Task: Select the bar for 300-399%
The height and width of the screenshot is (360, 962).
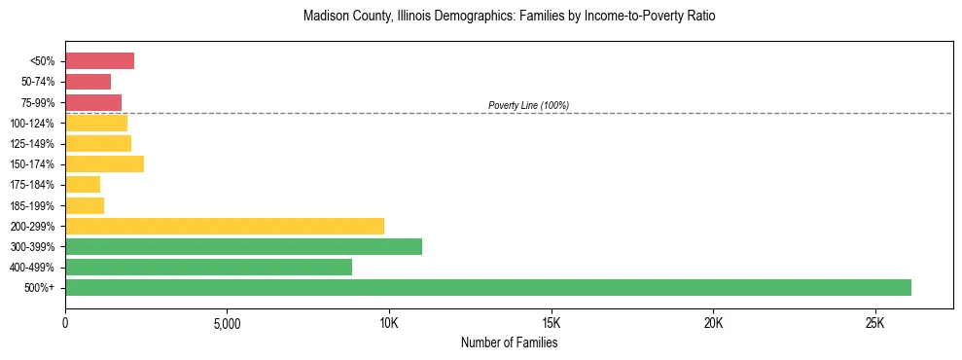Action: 243,246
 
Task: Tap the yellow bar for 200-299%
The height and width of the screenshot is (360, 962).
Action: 225,226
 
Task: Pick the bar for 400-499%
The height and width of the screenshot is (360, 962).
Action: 208,267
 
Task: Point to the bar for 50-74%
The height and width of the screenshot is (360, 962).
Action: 88,82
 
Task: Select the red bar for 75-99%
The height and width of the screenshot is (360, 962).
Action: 93,102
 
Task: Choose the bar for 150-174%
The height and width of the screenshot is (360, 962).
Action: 104,163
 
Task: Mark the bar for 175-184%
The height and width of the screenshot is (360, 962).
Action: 83,184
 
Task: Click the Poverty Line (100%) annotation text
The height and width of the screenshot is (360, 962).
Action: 528,105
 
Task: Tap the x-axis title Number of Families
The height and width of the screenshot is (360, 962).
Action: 509,342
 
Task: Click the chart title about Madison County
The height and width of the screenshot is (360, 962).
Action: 509,17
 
